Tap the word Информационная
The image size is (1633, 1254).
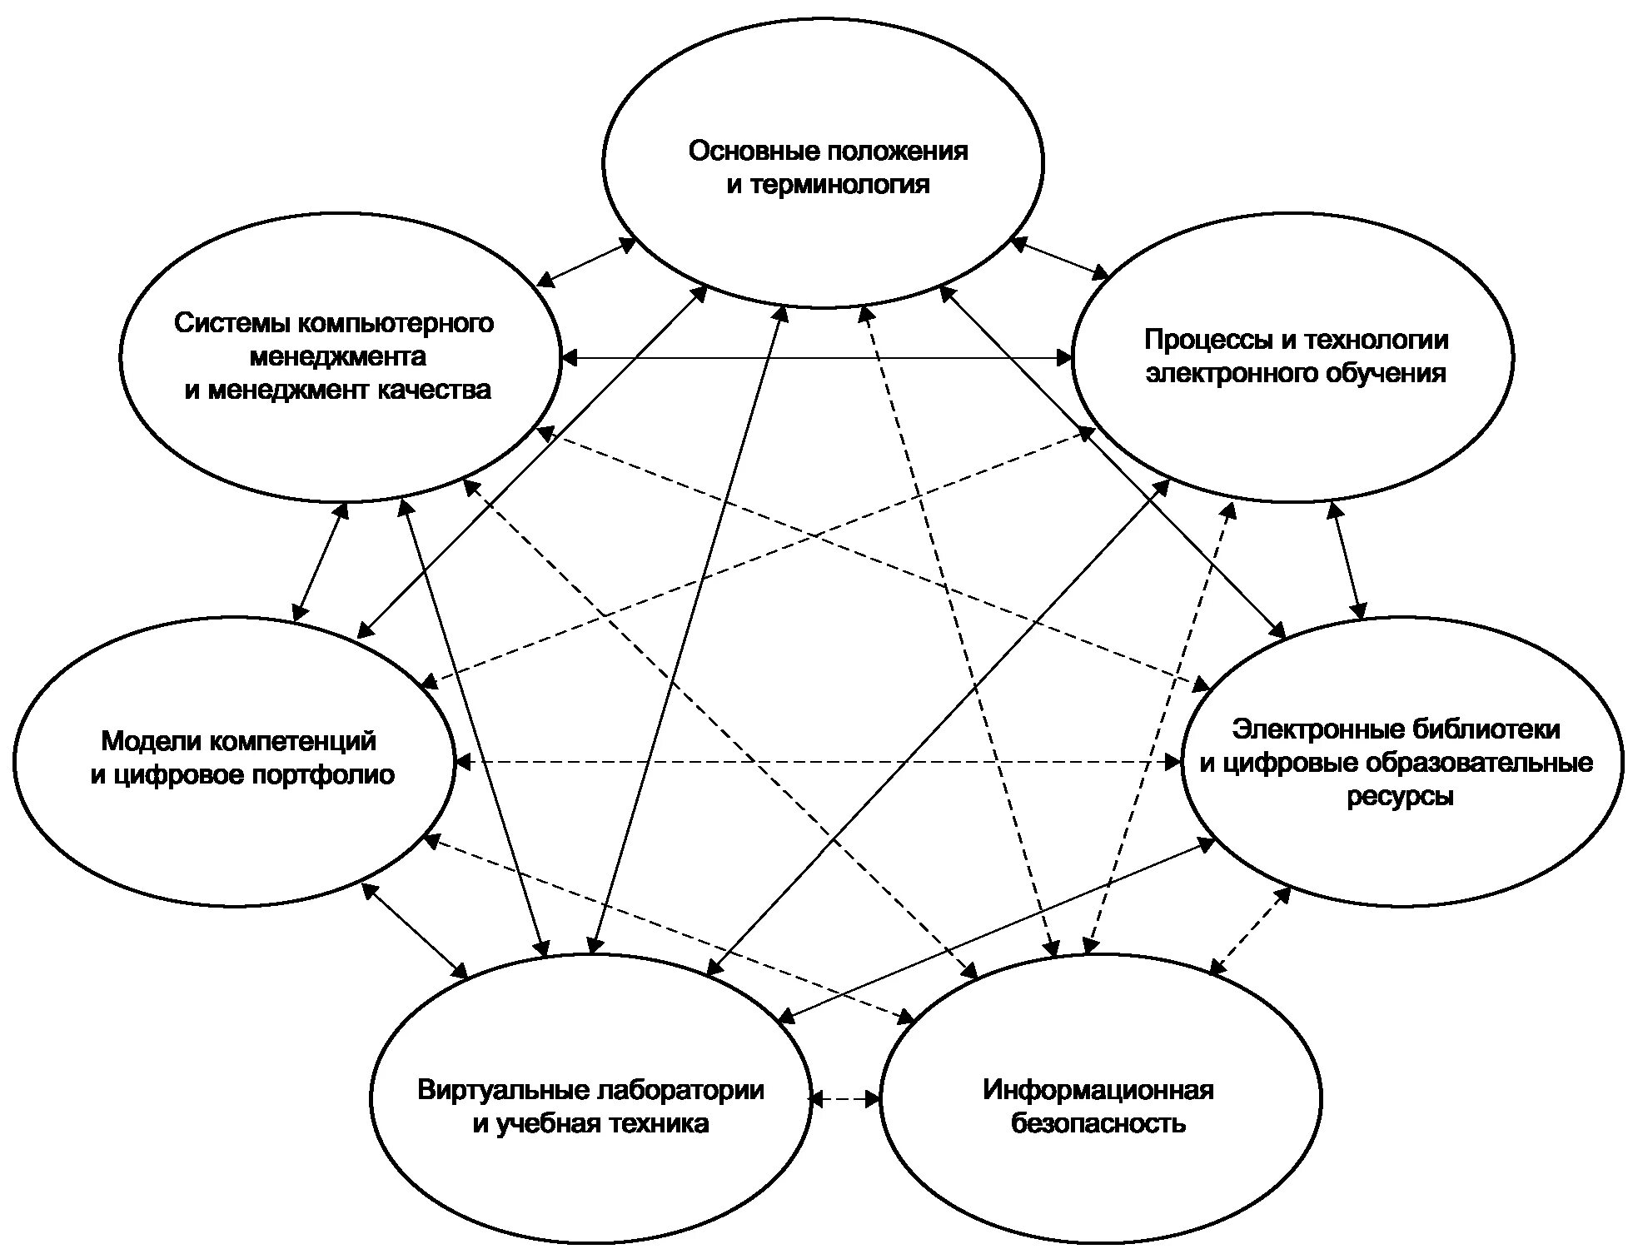[1098, 1090]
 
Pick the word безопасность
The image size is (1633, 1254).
[1098, 1123]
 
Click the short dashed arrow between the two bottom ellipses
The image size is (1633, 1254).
[844, 1099]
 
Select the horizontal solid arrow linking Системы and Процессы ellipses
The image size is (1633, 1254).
[816, 358]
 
